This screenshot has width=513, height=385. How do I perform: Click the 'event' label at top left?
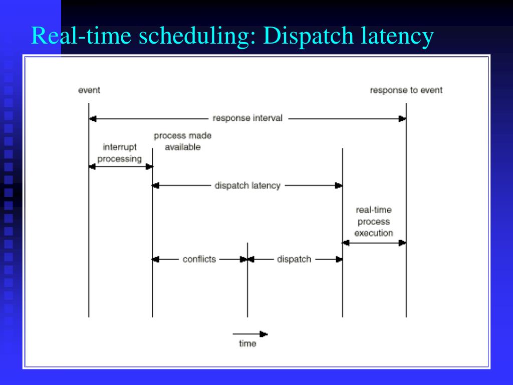pos(89,90)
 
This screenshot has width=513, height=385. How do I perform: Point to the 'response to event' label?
pos(406,90)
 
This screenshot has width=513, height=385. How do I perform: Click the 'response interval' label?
pos(247,118)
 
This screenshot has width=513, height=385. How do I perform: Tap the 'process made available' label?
pos(182,141)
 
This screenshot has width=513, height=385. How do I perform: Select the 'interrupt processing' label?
pos(120,153)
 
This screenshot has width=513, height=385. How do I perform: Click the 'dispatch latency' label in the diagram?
pos(247,185)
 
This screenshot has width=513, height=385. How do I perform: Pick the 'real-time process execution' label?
pos(374,222)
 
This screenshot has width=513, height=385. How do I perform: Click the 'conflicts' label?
pos(199,259)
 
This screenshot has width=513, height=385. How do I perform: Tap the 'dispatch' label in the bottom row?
pos(294,259)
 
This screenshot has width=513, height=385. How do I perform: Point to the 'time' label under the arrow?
pos(247,344)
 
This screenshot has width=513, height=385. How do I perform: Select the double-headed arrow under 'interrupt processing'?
pos(121,166)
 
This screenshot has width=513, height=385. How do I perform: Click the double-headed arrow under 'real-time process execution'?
pos(374,243)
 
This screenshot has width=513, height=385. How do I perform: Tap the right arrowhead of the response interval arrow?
pos(402,119)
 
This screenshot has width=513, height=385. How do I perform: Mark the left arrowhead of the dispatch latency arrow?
pos(156,185)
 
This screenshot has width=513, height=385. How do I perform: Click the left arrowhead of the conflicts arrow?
pos(156,259)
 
